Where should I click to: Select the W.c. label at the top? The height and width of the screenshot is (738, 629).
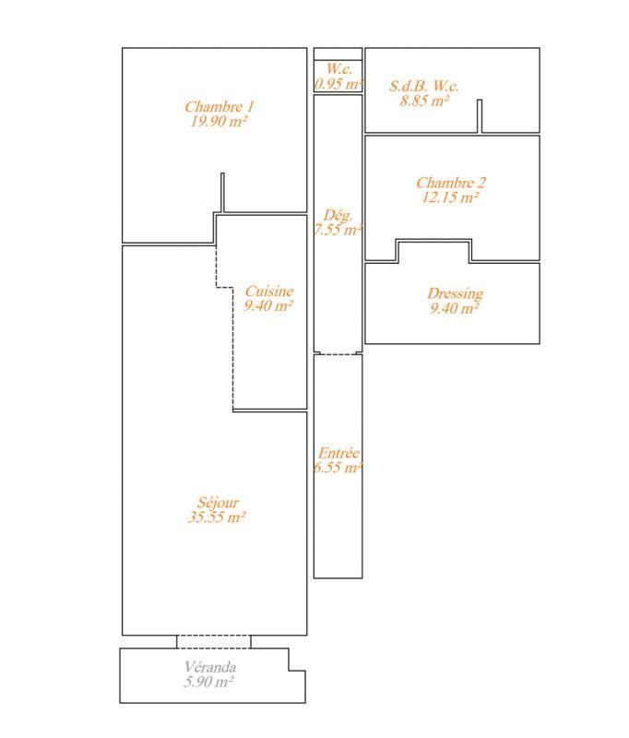click(x=338, y=70)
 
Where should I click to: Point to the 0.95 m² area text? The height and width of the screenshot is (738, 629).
click(x=338, y=84)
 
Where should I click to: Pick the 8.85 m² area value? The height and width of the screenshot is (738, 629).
click(x=423, y=101)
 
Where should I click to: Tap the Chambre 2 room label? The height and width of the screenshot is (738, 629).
click(x=450, y=183)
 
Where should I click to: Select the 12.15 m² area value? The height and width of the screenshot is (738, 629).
click(x=450, y=196)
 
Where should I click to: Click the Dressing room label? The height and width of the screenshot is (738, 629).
click(x=455, y=294)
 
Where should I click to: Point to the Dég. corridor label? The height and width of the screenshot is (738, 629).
click(x=338, y=215)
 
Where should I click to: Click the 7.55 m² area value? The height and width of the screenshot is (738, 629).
click(x=338, y=230)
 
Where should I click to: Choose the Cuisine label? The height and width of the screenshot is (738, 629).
click(x=268, y=292)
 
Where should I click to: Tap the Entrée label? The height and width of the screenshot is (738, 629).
click(x=338, y=453)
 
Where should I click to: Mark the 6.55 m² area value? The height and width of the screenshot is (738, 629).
click(x=338, y=468)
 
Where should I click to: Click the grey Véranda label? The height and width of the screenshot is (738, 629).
click(x=209, y=667)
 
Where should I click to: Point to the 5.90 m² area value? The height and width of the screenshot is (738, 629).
click(x=209, y=682)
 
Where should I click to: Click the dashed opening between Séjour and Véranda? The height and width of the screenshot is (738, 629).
click(x=213, y=641)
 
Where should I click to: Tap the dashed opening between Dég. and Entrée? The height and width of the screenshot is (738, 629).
click(x=338, y=353)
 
